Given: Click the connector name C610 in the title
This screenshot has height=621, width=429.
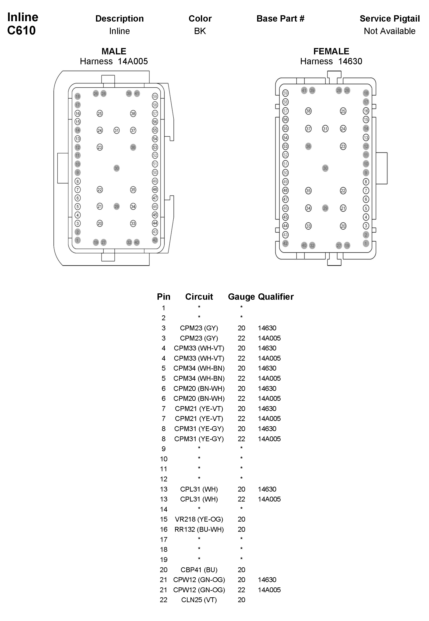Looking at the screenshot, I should tap(22, 30).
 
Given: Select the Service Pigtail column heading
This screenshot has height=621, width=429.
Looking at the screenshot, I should tap(389, 19).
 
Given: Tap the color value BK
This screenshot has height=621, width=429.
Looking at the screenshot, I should tap(200, 31).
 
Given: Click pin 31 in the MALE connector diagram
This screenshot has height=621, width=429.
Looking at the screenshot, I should tap(116, 131).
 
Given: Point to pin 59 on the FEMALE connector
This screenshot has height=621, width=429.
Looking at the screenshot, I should tap(285, 93).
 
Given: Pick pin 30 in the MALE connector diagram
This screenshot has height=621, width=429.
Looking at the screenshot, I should tap(116, 168).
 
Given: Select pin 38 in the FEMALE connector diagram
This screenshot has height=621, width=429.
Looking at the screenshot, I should tap(308, 111).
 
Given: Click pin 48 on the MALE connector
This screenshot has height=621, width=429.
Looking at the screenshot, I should tap(155, 190).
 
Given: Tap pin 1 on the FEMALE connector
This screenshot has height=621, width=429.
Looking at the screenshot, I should tap(366, 244).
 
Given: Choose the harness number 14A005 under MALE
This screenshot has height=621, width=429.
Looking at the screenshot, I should tap(133, 61).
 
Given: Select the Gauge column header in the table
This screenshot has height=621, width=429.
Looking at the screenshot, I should tap(241, 297).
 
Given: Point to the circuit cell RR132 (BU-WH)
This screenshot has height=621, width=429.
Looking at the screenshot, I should tap(199, 529).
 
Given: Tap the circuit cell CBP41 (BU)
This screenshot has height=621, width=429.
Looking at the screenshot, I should tap(199, 570).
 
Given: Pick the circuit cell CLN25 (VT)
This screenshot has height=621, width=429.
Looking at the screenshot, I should tap(199, 600).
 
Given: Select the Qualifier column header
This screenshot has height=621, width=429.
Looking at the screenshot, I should tap(276, 297).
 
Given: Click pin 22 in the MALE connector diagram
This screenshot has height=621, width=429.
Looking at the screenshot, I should tap(100, 190).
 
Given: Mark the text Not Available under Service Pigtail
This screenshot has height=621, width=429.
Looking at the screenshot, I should tap(389, 31).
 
